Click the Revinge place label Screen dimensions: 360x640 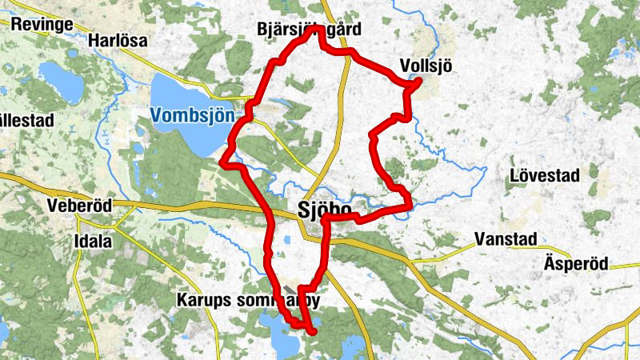pos(42,24)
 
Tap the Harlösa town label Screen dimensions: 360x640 pos(118,41)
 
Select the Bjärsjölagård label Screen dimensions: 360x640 pos(310,30)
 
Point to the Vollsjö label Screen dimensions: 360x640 pos(425,66)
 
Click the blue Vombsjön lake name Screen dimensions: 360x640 pos(192,115)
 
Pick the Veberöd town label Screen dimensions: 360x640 pos(78,205)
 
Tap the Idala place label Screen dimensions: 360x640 pos(94,241)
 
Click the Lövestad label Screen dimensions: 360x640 pos(544,175)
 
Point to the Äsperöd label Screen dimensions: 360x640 pos(576,263)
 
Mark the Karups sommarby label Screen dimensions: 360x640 pos(248,302)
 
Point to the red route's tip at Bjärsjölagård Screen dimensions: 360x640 pos(318,29)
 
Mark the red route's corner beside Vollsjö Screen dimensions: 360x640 pos(418,82)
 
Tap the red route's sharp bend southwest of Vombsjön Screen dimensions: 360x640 pos(222,163)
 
